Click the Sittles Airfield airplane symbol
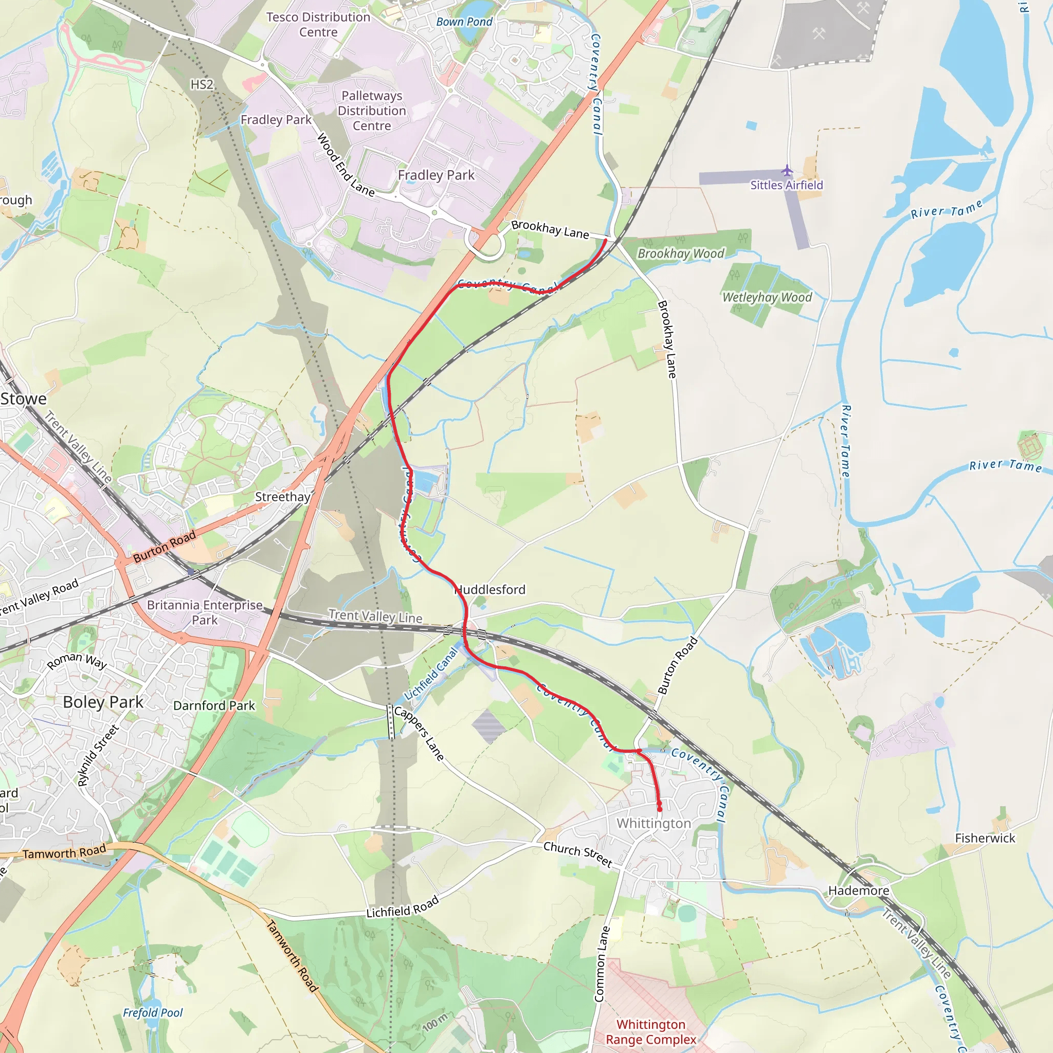click(x=787, y=171)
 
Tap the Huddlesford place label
click(x=490, y=590)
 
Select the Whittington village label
click(x=653, y=823)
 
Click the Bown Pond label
click(x=464, y=22)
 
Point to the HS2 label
click(x=202, y=84)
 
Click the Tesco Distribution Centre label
click(x=318, y=25)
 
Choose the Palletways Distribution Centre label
click(x=372, y=111)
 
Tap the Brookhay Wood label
click(x=681, y=253)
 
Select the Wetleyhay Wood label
click(x=767, y=297)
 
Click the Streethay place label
click(x=282, y=497)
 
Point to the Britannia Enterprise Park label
click(x=205, y=612)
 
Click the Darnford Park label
click(x=214, y=705)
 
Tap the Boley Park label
click(x=103, y=702)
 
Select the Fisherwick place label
click(x=985, y=838)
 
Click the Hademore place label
click(x=859, y=891)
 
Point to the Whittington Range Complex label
click(x=651, y=1032)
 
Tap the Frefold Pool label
click(x=153, y=1013)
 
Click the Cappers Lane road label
click(x=419, y=734)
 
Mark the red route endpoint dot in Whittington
click(x=660, y=809)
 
